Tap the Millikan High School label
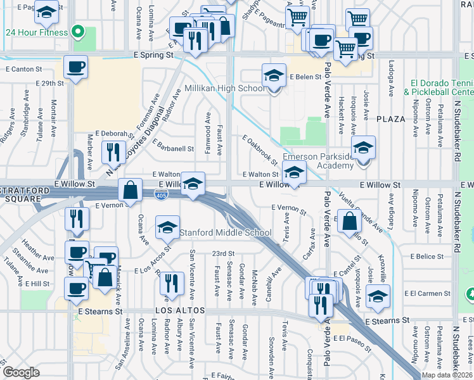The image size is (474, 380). pyautogui.click(x=224, y=88)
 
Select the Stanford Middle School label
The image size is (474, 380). pyautogui.click(x=226, y=232)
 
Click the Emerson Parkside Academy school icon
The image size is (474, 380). pyautogui.click(x=363, y=149)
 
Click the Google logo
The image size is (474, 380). pyautogui.click(x=21, y=372)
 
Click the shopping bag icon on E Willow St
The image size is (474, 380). pyautogui.click(x=130, y=189)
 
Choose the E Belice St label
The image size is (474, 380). pyautogui.click(x=426, y=256)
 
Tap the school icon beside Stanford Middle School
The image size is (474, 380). pyautogui.click(x=167, y=229)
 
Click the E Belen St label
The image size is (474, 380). pyautogui.click(x=306, y=77)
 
